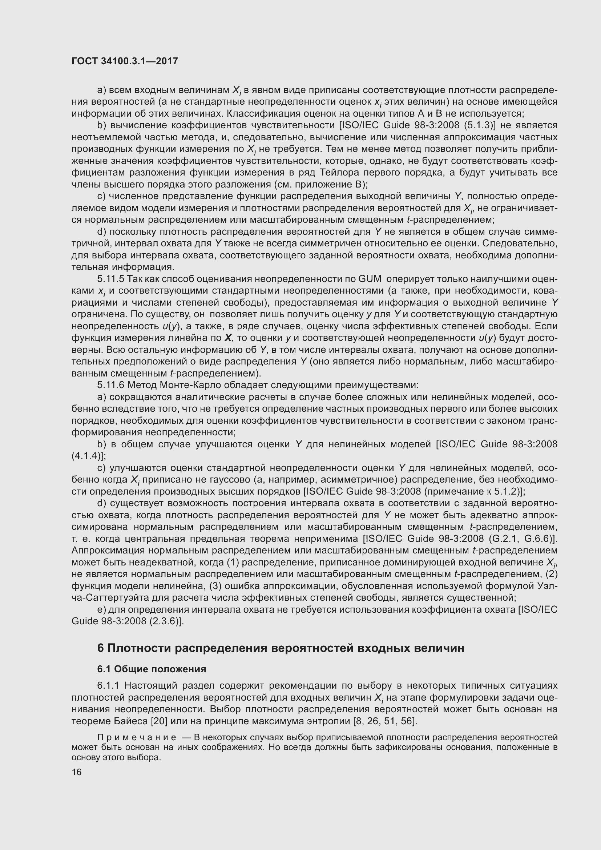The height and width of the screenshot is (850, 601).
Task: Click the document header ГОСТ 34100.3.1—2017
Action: click(125, 61)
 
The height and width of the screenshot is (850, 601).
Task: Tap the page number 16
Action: click(77, 772)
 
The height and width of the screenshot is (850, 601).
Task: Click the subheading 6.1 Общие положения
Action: click(152, 669)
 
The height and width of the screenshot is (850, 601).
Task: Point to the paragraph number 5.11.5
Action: click(109, 279)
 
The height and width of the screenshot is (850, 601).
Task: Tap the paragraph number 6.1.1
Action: click(108, 686)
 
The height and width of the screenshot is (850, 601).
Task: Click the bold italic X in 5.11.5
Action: click(228, 338)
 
